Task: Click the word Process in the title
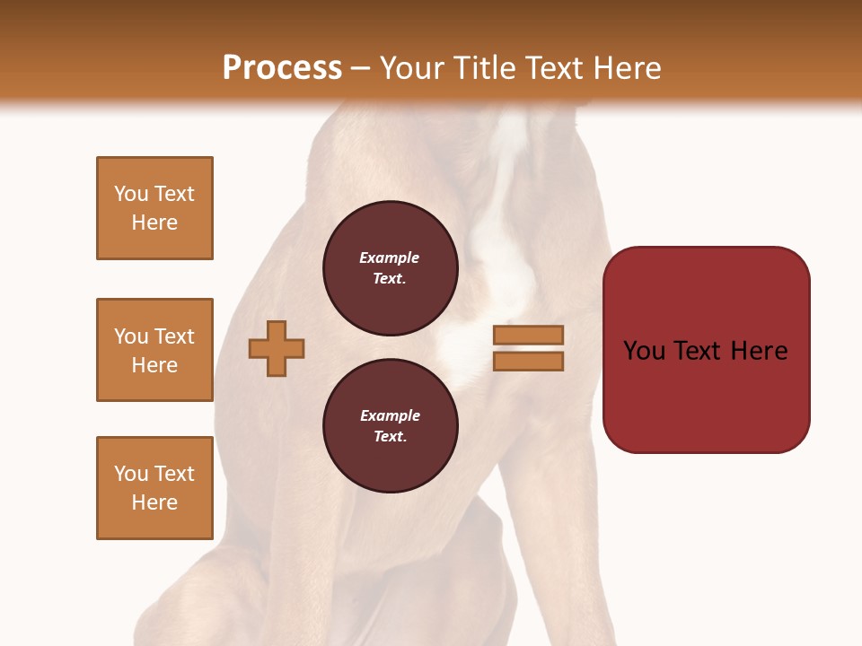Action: (x=282, y=68)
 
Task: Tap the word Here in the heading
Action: (x=627, y=68)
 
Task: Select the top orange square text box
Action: (x=154, y=208)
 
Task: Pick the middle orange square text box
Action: (x=154, y=350)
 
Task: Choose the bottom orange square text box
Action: (x=154, y=488)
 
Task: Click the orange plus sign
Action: (x=277, y=348)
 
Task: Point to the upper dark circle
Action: (x=391, y=268)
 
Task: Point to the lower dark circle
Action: (x=391, y=426)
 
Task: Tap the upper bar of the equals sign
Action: (x=528, y=335)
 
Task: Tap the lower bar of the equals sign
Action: (x=528, y=362)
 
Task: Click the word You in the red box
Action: (x=645, y=351)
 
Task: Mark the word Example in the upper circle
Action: (x=390, y=258)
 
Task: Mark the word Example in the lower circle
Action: (x=390, y=415)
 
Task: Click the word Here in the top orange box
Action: (x=154, y=223)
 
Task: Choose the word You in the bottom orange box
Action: (x=131, y=474)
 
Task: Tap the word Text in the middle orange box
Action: (x=174, y=336)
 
